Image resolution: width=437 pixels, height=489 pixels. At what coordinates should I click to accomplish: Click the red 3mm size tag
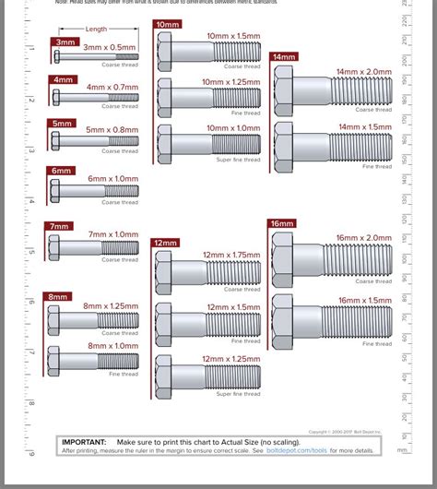(x=65, y=42)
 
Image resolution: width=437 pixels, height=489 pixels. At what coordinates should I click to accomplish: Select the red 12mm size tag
(x=166, y=243)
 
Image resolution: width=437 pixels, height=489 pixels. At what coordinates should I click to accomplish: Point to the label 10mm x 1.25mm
(x=231, y=82)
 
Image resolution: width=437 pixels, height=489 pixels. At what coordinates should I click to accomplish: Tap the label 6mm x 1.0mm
(x=113, y=179)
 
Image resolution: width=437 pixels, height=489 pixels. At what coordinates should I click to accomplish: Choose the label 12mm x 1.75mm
(x=232, y=254)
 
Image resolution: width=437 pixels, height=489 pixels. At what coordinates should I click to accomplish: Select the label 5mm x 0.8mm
(x=112, y=129)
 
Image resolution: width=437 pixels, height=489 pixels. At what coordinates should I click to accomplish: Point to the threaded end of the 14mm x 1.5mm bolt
(x=370, y=146)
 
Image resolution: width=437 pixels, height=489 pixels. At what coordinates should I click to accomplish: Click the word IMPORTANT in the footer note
(x=84, y=442)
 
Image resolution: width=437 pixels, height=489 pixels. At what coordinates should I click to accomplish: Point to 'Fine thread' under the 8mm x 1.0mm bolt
(x=124, y=374)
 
